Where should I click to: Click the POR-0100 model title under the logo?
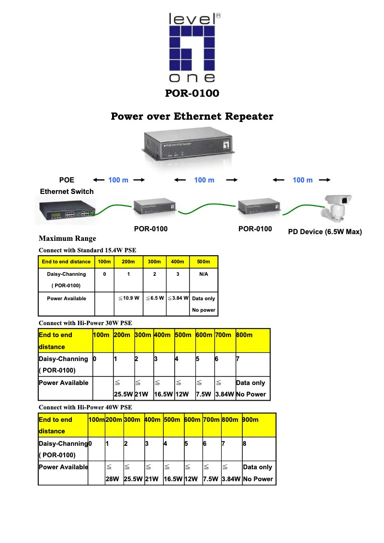(192, 93)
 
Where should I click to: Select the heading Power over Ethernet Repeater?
(192, 116)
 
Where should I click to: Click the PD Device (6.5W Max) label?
(325, 232)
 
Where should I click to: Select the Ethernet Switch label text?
(67, 192)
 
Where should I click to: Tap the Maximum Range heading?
(67, 238)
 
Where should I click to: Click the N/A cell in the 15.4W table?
(203, 274)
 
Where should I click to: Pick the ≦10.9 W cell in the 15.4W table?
(128, 298)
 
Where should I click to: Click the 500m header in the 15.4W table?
(203, 262)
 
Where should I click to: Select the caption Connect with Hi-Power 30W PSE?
(85, 323)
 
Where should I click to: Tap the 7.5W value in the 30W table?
(204, 395)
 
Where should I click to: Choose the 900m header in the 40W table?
(251, 419)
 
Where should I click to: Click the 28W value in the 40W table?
(113, 479)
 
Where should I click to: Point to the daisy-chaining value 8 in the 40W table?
(245, 443)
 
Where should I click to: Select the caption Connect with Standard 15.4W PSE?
(87, 250)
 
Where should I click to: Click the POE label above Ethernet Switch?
(67, 180)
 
